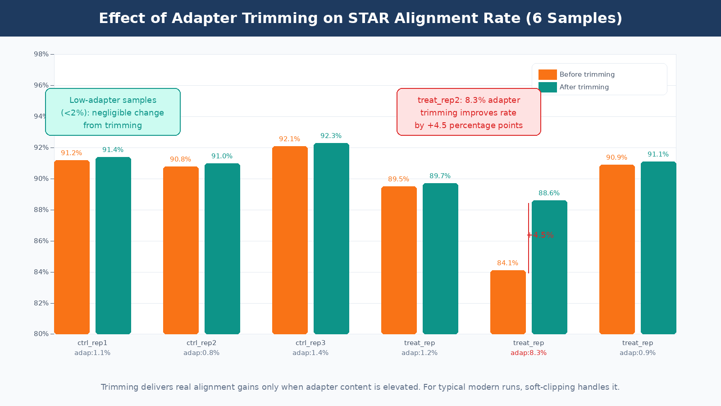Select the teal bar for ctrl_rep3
pyautogui.click(x=331, y=239)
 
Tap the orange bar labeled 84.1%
pyautogui.click(x=508, y=302)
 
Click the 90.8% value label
pyautogui.click(x=180, y=159)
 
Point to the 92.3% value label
pyautogui.click(x=331, y=136)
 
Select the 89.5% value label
pyautogui.click(x=398, y=179)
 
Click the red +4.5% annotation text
pyautogui.click(x=540, y=235)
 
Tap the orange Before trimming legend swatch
pyautogui.click(x=548, y=74)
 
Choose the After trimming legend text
pyautogui.click(x=584, y=87)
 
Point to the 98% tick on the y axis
pyautogui.click(x=41, y=54)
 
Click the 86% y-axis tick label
pyautogui.click(x=41, y=241)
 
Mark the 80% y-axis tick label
pyautogui.click(x=41, y=334)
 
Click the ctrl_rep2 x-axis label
pyautogui.click(x=201, y=343)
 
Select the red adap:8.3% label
pyautogui.click(x=529, y=353)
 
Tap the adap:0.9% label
pyautogui.click(x=638, y=353)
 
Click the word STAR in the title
pyautogui.click(x=369, y=18)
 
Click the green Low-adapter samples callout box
pyautogui.click(x=113, y=112)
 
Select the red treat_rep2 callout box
pyautogui.click(x=469, y=112)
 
